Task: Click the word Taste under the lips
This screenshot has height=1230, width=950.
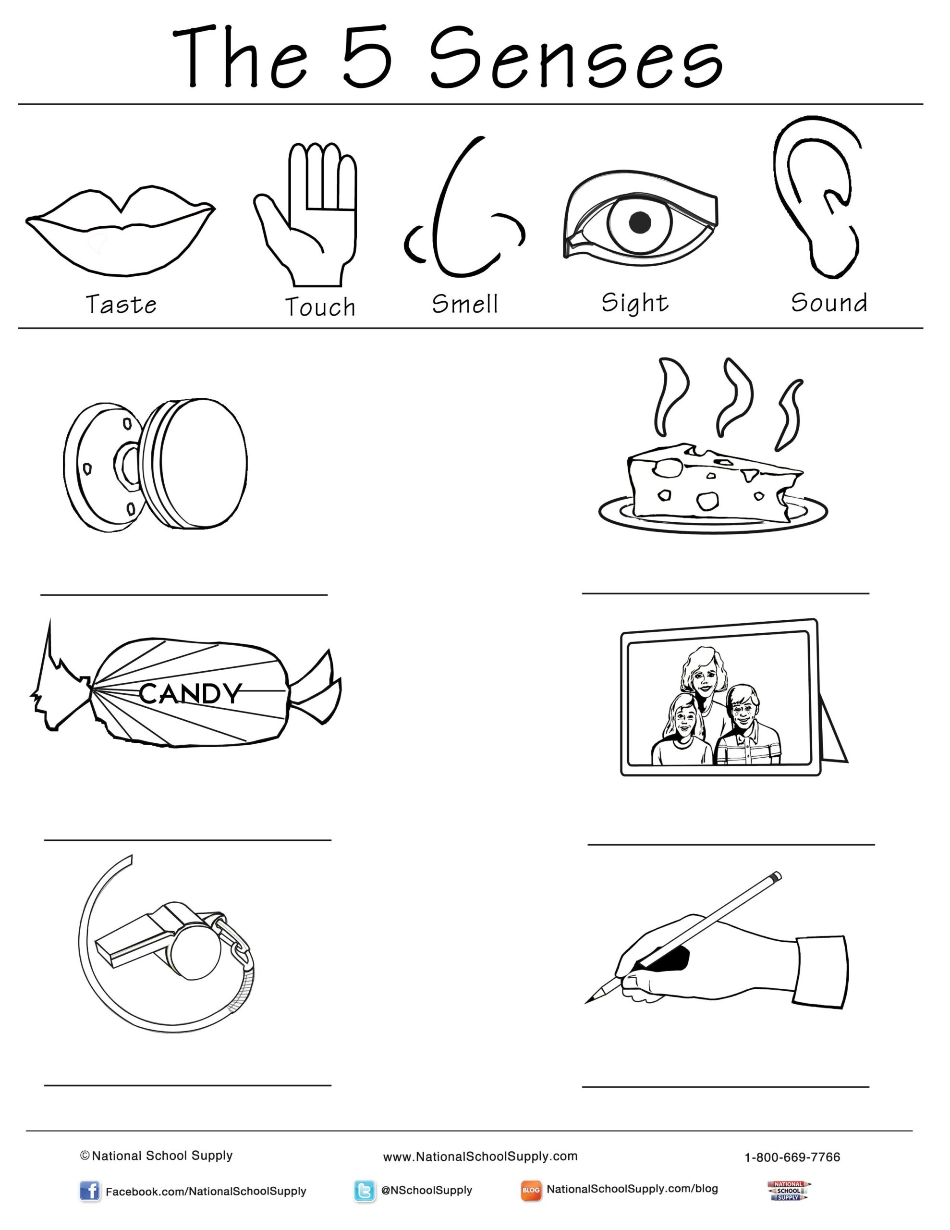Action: pyautogui.click(x=121, y=305)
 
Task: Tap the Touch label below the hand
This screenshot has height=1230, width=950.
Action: pyautogui.click(x=320, y=307)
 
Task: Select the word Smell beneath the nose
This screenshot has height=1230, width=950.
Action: pyautogui.click(x=465, y=304)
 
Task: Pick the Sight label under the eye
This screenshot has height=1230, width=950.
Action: pyautogui.click(x=634, y=304)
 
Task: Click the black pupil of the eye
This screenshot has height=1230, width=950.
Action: pyautogui.click(x=639, y=222)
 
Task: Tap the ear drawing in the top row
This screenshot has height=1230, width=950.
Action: pyautogui.click(x=816, y=197)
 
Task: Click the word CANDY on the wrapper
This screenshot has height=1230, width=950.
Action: pyautogui.click(x=190, y=694)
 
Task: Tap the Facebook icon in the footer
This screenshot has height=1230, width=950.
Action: pyautogui.click(x=89, y=1191)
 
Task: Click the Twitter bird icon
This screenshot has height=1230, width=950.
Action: pyautogui.click(x=365, y=1191)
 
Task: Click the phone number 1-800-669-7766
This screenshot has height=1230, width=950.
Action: pyautogui.click(x=792, y=1157)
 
